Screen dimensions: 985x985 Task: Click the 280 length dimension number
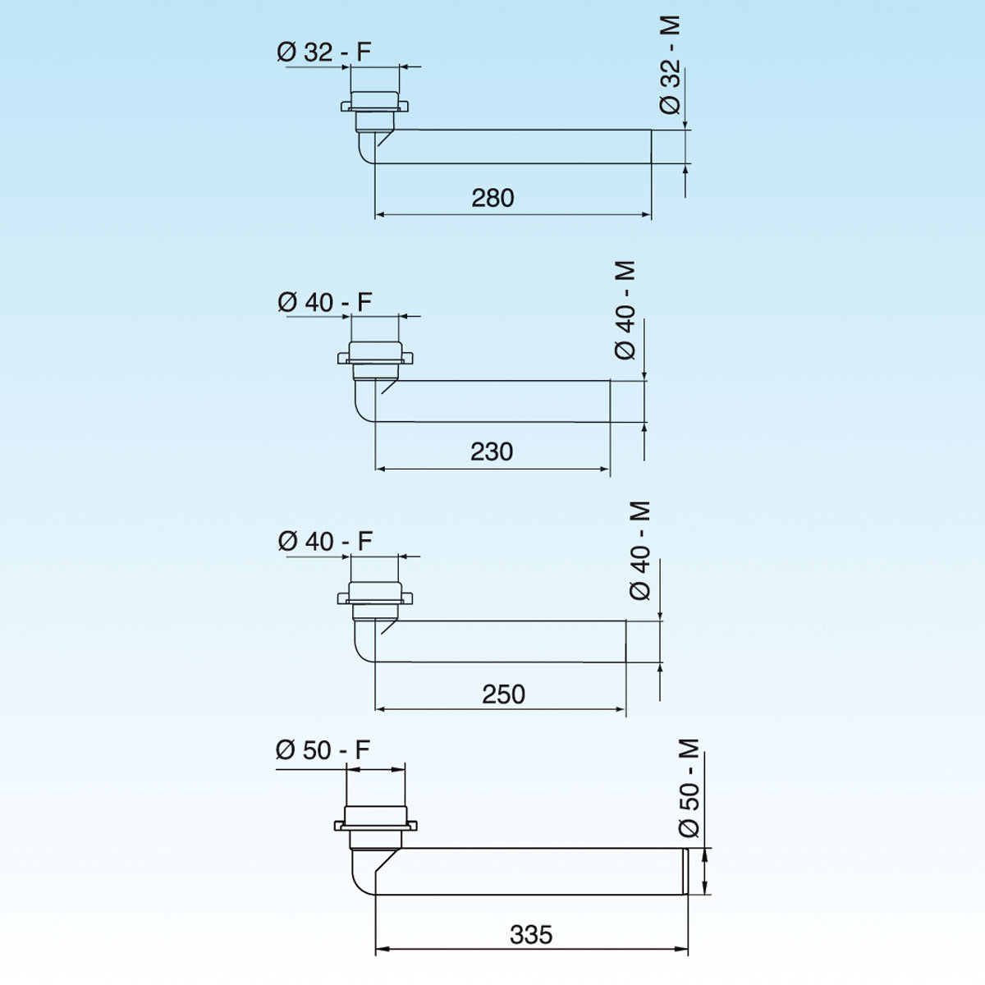(x=492, y=198)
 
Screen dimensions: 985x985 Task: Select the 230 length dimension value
(x=492, y=451)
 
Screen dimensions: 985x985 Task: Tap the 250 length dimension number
(x=503, y=694)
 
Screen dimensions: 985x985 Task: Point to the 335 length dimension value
(x=531, y=935)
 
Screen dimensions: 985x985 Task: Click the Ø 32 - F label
(x=324, y=53)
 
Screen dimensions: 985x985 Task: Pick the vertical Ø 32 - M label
(x=671, y=66)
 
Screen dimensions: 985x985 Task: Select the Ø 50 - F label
(x=323, y=750)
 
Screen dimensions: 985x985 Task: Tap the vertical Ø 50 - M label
(x=689, y=788)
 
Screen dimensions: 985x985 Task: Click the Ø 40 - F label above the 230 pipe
(x=325, y=303)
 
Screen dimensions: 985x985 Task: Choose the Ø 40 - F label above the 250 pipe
(x=325, y=542)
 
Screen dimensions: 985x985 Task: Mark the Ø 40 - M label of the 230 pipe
(x=625, y=310)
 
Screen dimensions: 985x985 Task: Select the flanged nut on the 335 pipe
(x=376, y=824)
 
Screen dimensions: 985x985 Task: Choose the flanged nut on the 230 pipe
(x=375, y=357)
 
